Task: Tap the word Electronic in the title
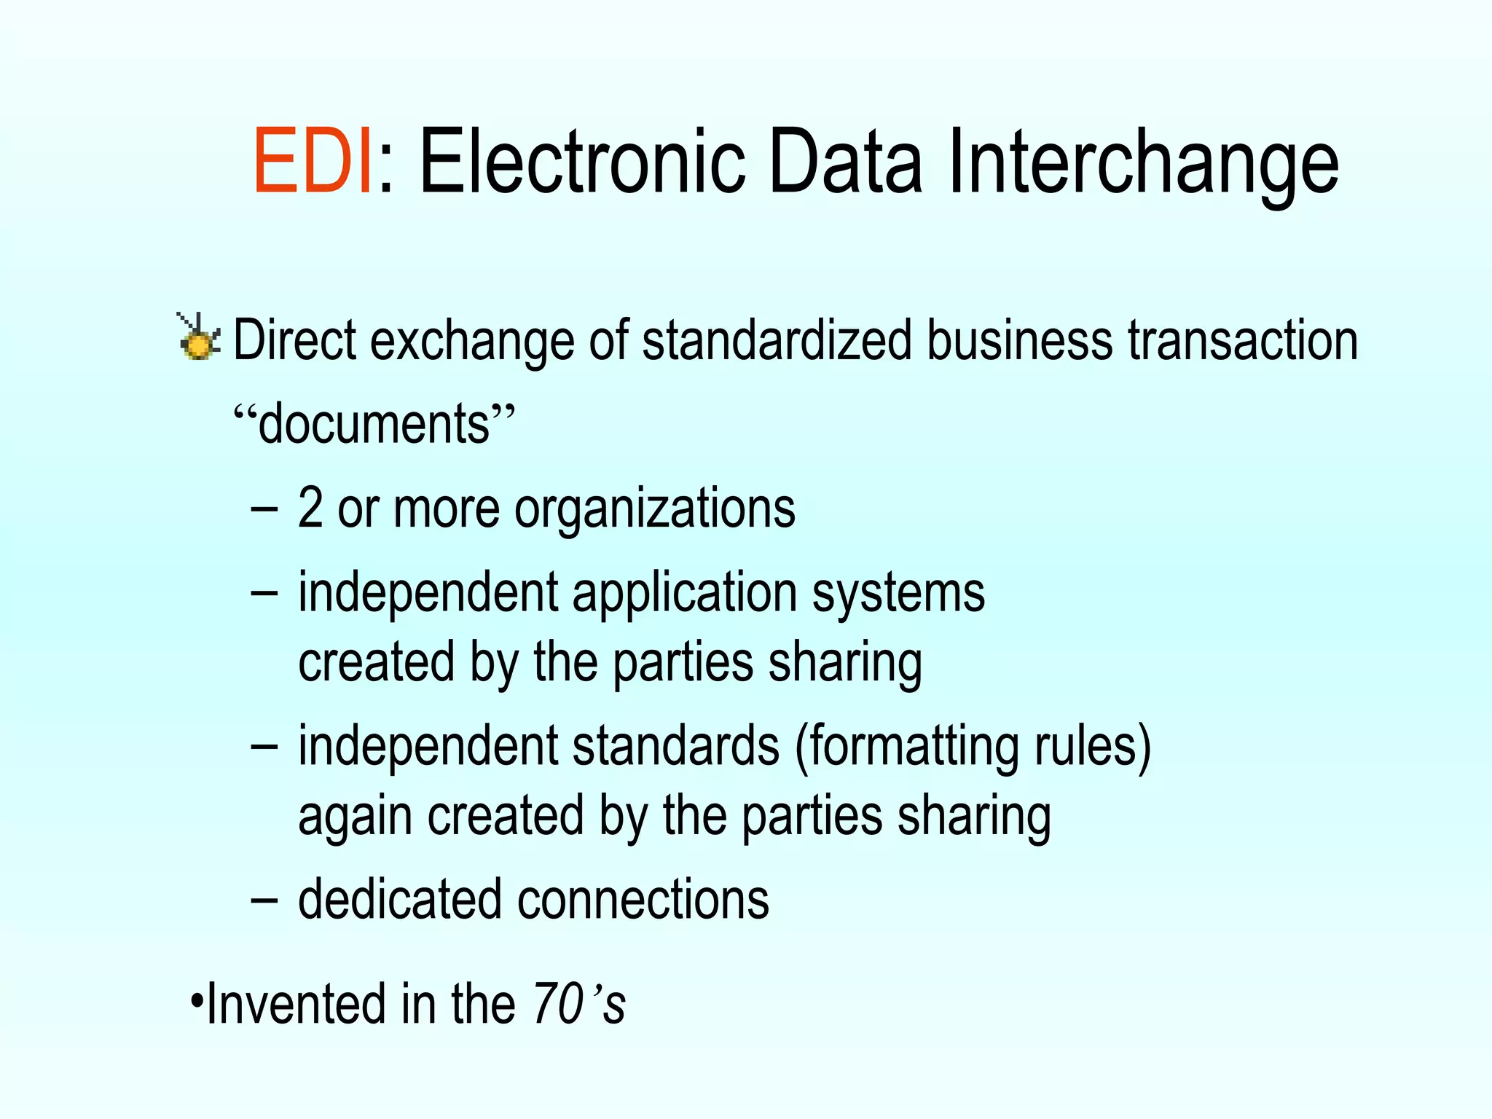tap(582, 162)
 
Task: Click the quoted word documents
tap(374, 423)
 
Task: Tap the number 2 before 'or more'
tap(310, 508)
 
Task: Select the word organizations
tap(655, 509)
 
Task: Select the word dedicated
tap(400, 899)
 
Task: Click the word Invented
tap(296, 1004)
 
